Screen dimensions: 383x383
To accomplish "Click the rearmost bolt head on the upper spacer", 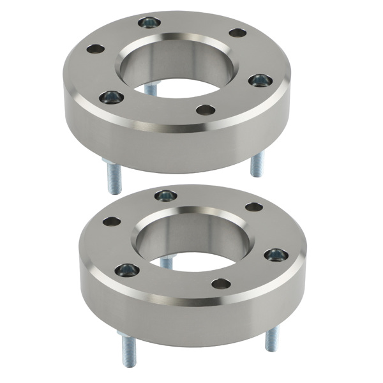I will [x=149, y=23].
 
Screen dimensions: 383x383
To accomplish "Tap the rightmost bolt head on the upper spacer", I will [x=260, y=80].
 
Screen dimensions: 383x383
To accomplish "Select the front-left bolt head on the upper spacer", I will [x=111, y=97].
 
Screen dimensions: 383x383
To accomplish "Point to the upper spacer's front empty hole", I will [x=206, y=110].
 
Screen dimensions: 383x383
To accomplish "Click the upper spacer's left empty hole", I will [x=96, y=49].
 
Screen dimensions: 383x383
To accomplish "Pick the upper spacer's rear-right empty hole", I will [x=237, y=33].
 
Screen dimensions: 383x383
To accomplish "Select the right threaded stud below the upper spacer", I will [x=257, y=165].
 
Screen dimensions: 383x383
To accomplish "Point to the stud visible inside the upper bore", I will [x=151, y=89].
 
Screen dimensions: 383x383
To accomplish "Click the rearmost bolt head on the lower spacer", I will [x=166, y=195].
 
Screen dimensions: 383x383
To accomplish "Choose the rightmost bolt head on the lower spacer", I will [x=276, y=255].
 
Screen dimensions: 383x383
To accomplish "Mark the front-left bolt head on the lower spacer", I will [x=127, y=271].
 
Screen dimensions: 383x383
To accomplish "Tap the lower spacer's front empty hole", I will [x=221, y=283].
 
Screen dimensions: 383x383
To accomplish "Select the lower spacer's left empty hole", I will [x=112, y=222].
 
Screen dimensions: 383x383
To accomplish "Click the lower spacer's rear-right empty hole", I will [x=254, y=207].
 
